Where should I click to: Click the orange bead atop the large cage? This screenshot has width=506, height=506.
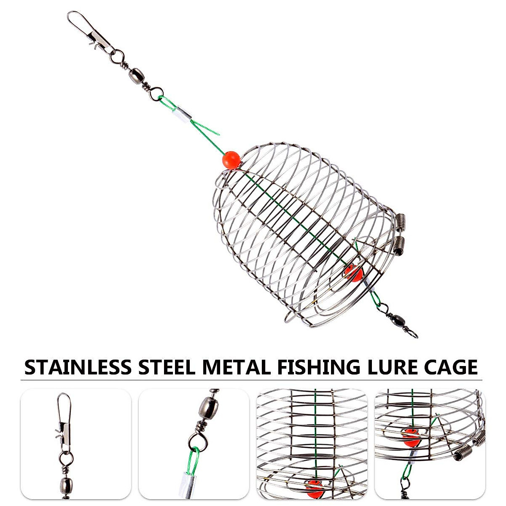click(231, 160)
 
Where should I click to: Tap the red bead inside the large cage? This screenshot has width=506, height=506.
click(353, 274)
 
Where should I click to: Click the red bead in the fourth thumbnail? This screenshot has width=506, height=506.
click(411, 439)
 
